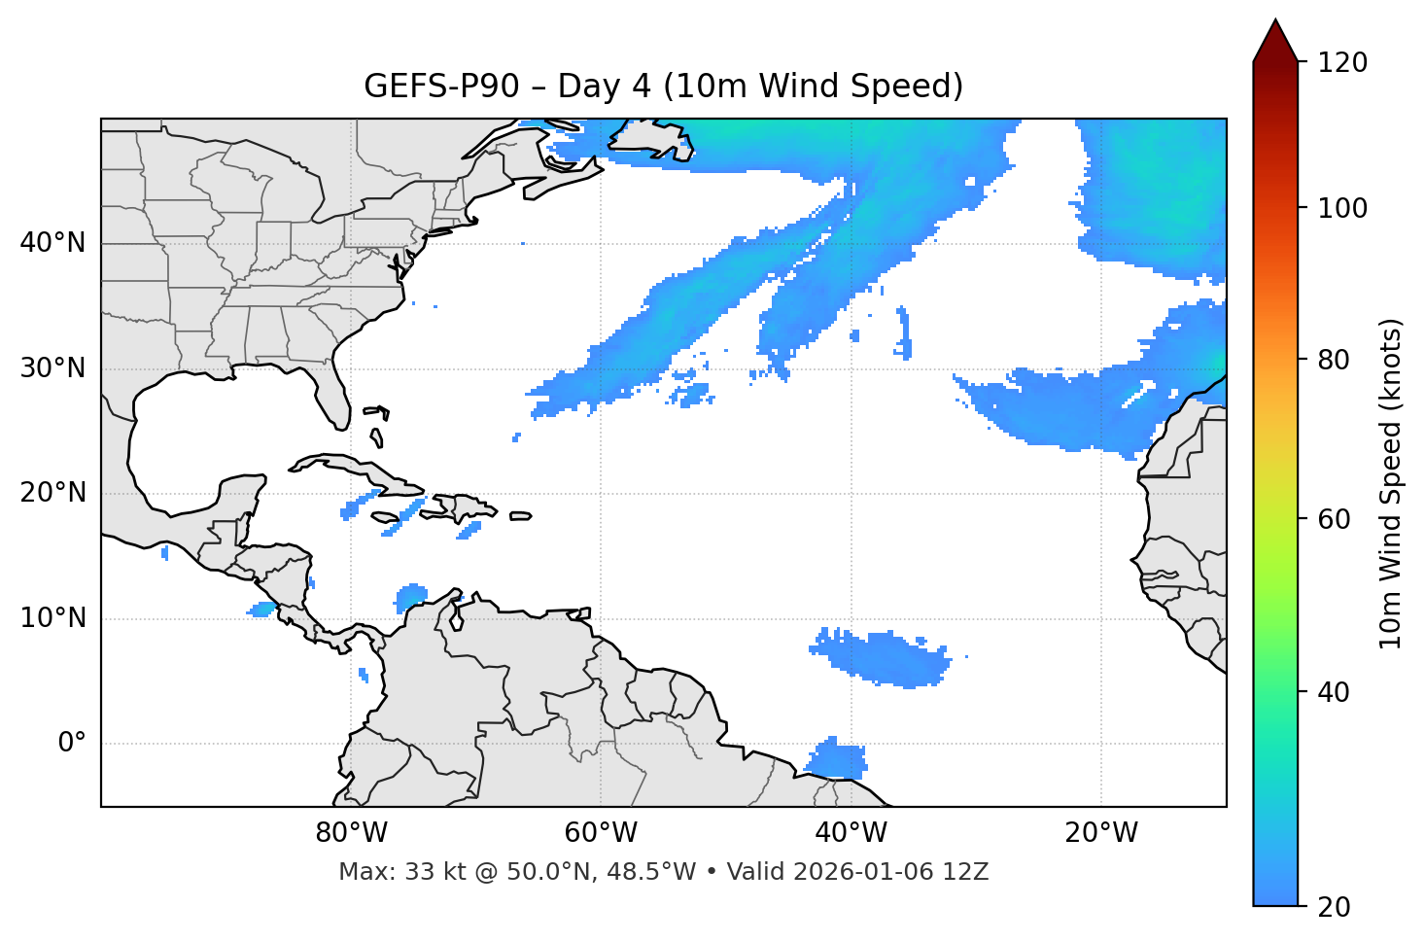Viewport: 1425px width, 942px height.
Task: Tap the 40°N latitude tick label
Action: tap(52, 243)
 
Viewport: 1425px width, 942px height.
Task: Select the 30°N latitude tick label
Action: tap(52, 368)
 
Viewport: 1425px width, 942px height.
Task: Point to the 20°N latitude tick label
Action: tap(52, 493)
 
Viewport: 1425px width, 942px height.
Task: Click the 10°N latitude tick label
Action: tap(52, 618)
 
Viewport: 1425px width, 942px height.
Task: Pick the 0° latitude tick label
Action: tap(72, 744)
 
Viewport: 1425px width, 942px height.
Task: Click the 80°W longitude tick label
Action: tap(351, 833)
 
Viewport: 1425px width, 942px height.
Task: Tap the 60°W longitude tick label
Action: tap(601, 833)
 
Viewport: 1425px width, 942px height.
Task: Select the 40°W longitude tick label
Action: tap(852, 833)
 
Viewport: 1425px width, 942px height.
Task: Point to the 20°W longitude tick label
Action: tap(1101, 833)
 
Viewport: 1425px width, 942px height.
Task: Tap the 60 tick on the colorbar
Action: tap(1336, 519)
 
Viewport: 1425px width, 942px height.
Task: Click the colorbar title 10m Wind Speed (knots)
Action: tap(1391, 483)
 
